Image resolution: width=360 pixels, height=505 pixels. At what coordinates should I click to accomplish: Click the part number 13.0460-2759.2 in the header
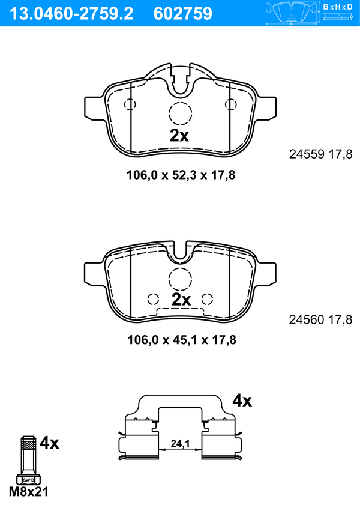tap(71, 14)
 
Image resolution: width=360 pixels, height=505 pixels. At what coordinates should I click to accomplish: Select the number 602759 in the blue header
tap(183, 14)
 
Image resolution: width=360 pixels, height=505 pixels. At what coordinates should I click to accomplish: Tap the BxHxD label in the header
tap(338, 7)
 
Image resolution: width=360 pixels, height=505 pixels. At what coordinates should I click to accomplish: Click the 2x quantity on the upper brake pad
tap(179, 136)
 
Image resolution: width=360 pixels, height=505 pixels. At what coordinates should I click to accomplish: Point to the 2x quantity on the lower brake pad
tap(181, 300)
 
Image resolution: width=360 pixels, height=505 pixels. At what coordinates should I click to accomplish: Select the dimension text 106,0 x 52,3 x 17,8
tap(181, 175)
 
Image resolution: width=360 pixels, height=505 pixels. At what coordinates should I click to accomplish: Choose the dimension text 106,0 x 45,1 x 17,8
tap(182, 340)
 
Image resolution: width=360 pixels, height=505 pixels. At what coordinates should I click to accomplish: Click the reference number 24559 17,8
tap(321, 154)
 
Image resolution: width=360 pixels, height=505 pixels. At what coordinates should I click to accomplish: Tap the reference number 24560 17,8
tap(321, 320)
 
